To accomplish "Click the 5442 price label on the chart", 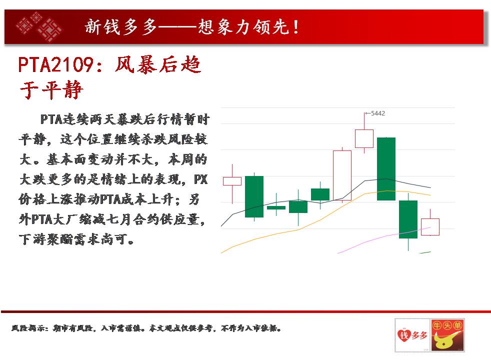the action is coord(377,113).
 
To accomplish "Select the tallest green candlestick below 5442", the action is coord(386,168).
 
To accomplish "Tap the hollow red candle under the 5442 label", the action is coord(364,138).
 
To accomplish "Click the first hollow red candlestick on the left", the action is coord(232,181).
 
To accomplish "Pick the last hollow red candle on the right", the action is coord(430,227).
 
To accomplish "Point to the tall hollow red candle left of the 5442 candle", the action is coord(342,175).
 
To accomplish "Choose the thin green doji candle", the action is coord(276,207).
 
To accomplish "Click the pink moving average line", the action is coord(384,236).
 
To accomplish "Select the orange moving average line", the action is coord(325,217).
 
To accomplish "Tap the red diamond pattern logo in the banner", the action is coord(39,26).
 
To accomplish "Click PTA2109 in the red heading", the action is coord(55,65).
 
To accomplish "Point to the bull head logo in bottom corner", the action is coord(447,335).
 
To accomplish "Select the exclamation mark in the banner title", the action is coord(296,27).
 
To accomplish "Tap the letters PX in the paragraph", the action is coord(200,179).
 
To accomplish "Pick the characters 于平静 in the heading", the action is coord(51,90).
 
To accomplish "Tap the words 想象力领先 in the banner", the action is coord(243,27).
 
